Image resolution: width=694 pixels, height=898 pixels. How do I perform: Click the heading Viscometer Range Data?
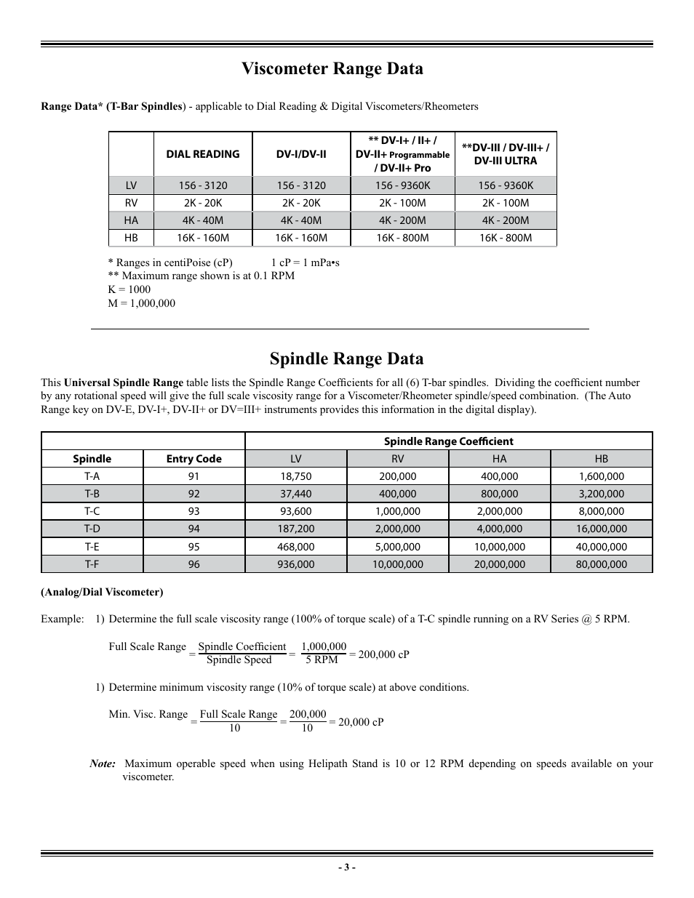tap(332, 69)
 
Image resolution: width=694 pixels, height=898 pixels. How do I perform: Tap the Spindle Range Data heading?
tap(346, 358)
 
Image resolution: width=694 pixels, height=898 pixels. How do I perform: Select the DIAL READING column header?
tap(202, 154)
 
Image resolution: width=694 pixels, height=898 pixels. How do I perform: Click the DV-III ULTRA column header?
tap(506, 154)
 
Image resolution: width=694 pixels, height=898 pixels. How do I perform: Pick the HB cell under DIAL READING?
tap(202, 238)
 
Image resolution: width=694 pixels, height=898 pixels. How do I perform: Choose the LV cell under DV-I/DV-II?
tap(301, 185)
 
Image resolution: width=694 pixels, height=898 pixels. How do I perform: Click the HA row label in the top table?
tap(131, 220)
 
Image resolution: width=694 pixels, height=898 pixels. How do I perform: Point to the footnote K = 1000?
tap(129, 289)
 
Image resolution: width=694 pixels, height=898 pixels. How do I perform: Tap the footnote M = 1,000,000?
tap(142, 303)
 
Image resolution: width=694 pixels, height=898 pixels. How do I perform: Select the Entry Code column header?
tap(194, 459)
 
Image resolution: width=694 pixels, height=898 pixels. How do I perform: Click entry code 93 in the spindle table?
tap(194, 511)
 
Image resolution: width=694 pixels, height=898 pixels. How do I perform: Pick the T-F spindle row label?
tap(92, 564)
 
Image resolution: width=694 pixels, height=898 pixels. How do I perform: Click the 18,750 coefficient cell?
tap(295, 476)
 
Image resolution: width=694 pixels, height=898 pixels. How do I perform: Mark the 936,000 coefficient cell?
tap(295, 564)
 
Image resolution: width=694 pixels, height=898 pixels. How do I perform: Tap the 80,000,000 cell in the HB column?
tap(601, 564)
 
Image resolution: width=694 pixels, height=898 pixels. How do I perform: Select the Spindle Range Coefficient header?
tap(448, 441)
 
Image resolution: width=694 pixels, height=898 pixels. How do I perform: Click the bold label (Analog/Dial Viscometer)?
tap(102, 592)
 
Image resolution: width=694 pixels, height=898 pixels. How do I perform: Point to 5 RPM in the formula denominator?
tap(322, 660)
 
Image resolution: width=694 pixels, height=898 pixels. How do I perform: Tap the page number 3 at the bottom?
tap(347, 867)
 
